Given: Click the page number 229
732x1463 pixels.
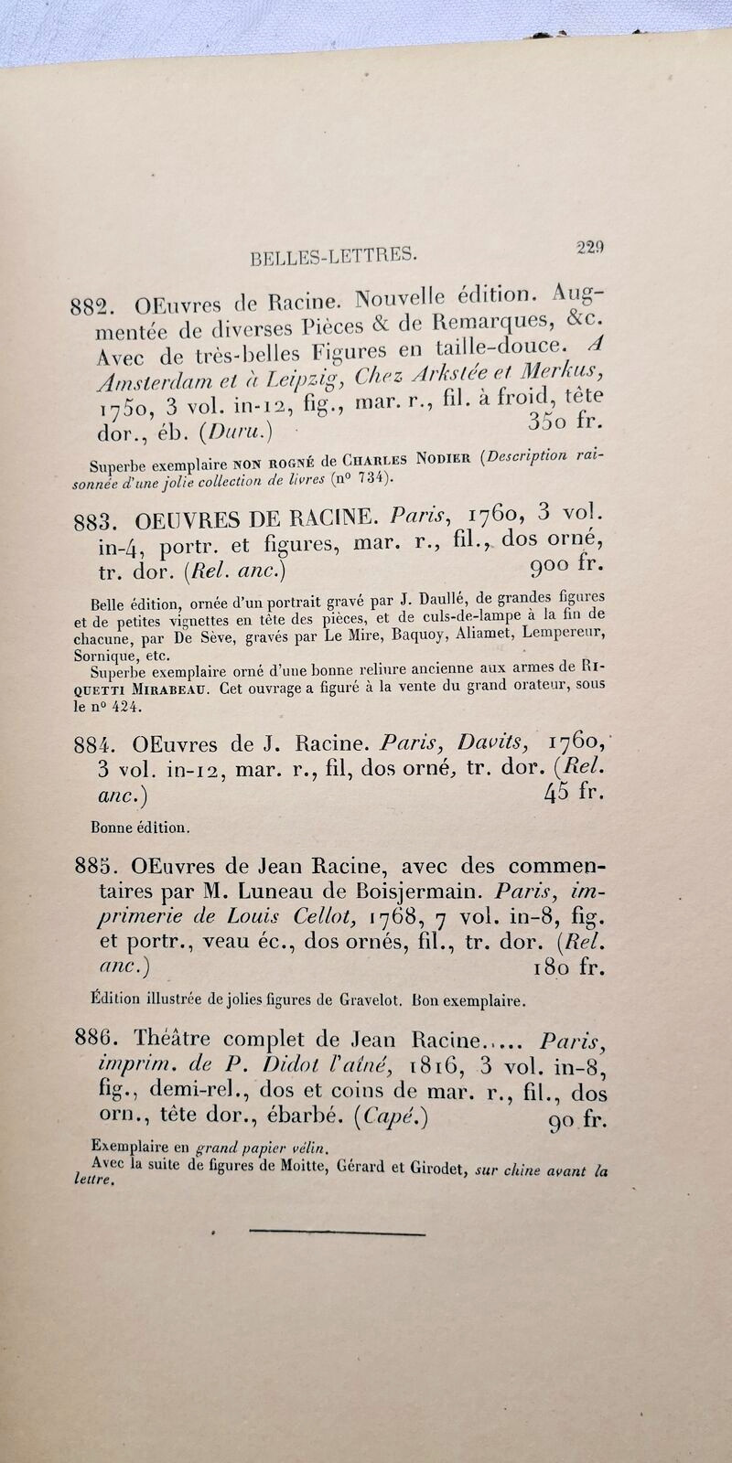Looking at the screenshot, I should (590, 246).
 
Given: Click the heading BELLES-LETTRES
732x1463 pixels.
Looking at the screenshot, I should (334, 257).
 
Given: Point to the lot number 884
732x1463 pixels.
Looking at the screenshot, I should (92, 745).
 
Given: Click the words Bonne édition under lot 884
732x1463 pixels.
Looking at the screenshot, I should (140, 828).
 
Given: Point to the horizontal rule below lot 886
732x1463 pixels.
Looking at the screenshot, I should (337, 1234).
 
